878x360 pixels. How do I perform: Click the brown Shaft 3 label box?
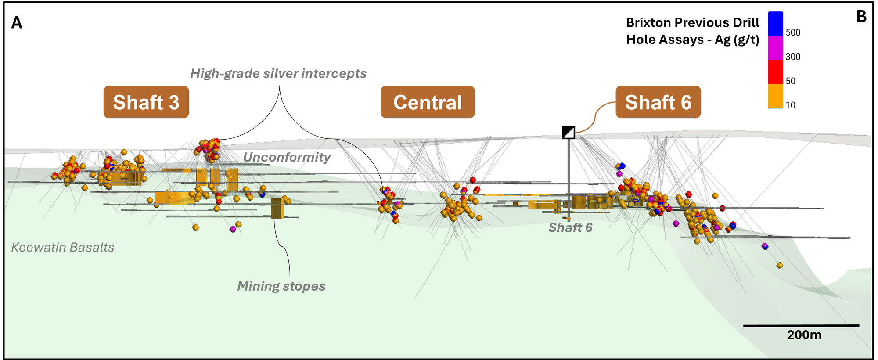[146, 102]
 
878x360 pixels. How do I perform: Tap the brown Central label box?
[428, 102]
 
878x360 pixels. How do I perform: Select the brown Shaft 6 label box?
[658, 102]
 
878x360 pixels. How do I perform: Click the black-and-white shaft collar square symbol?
[569, 133]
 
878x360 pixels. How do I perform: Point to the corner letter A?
[17, 22]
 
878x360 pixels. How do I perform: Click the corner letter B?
[861, 17]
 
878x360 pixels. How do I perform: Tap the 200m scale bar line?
[801, 325]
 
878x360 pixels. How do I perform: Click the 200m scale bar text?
[804, 335]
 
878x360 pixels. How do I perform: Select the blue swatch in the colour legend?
[775, 24]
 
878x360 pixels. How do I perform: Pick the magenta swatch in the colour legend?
[775, 48]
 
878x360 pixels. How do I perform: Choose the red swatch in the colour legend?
[775, 72]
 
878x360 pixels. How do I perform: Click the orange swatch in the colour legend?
[775, 96]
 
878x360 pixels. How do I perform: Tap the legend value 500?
[793, 32]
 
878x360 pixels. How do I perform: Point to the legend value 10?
[790, 105]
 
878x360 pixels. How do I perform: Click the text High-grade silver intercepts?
[278, 73]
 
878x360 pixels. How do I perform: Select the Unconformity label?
[287, 157]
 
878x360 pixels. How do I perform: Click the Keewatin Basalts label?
[63, 247]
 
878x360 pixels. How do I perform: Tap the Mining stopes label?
[281, 286]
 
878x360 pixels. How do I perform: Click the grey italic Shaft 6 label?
[570, 227]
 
